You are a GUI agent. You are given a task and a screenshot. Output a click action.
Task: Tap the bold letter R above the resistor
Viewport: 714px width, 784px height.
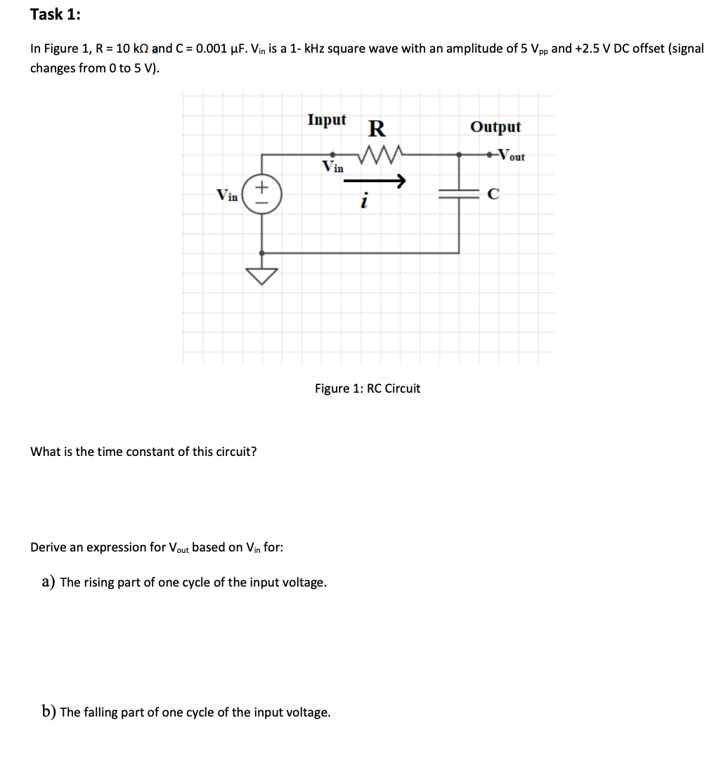pos(377,129)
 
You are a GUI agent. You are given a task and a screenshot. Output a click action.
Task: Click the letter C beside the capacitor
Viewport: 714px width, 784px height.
pos(493,195)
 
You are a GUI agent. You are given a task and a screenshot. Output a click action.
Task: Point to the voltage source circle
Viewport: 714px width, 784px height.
pos(263,195)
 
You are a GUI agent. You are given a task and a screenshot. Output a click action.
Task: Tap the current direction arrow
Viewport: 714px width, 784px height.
pos(375,182)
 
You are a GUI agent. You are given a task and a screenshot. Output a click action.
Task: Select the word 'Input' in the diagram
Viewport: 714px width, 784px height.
pos(327,120)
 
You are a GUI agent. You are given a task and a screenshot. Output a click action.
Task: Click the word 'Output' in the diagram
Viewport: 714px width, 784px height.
pos(495,127)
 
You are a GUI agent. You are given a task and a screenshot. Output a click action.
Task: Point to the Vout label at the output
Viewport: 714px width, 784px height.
pos(510,155)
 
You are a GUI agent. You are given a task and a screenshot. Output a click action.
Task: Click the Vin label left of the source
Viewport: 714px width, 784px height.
pos(227,195)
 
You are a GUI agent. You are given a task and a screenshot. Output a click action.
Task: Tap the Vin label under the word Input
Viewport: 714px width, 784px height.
pos(332,167)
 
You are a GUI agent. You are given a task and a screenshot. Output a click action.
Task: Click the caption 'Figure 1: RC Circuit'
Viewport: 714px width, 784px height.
pos(368,388)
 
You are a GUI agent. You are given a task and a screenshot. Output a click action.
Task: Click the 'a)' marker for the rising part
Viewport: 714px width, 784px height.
pos(48,582)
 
